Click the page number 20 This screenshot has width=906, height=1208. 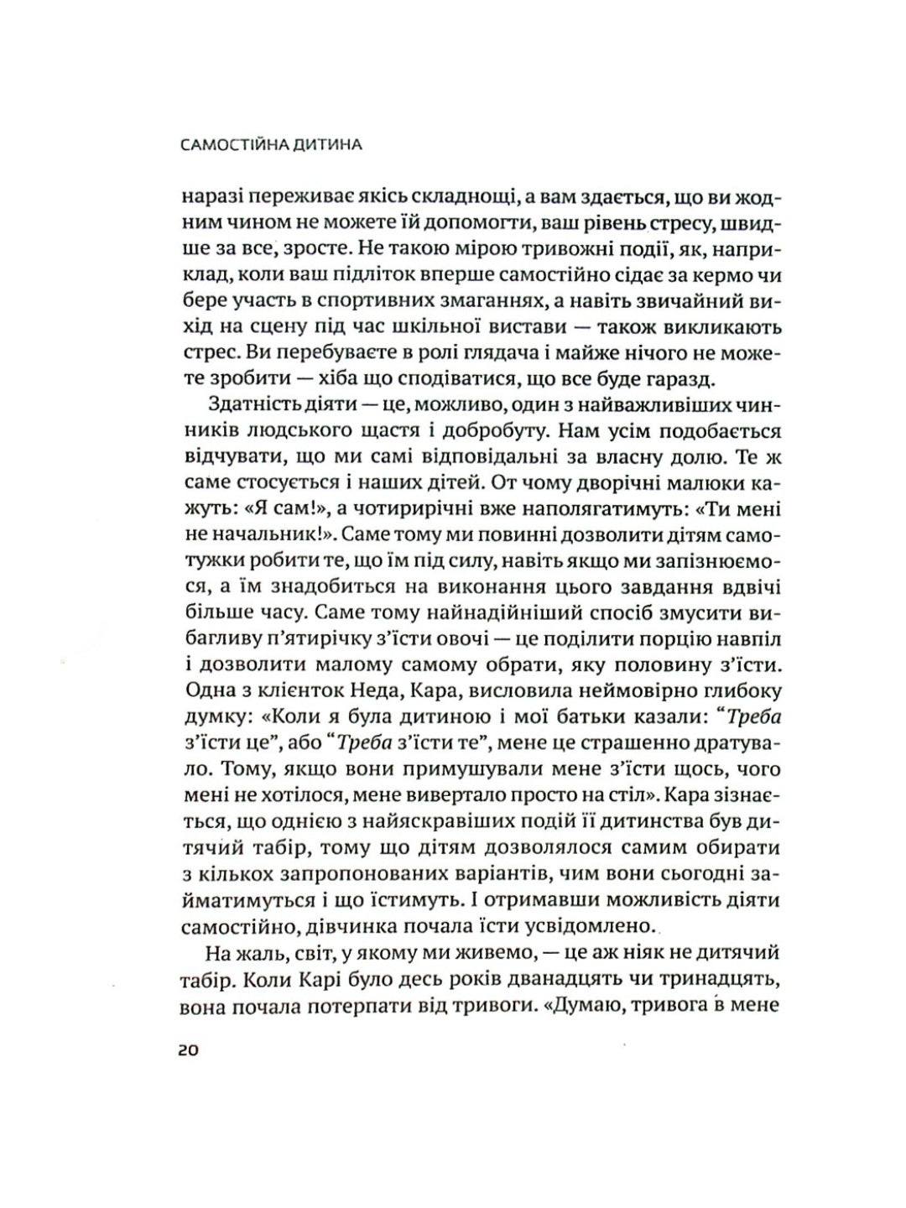[x=189, y=1052]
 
